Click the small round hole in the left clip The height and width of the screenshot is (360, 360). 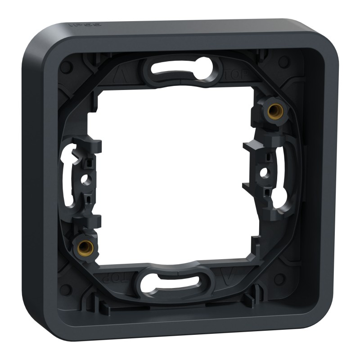click(83, 180)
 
